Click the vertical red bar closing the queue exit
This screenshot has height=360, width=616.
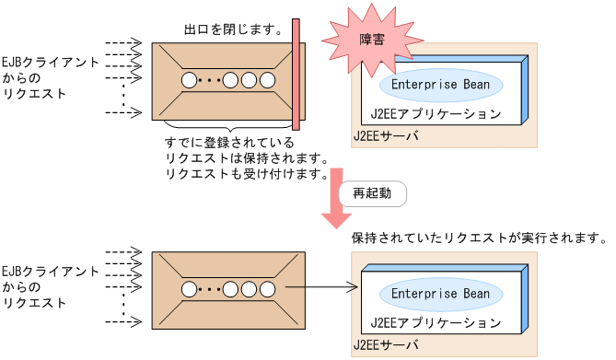pos(296,75)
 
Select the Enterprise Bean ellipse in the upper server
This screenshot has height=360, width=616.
pos(440,85)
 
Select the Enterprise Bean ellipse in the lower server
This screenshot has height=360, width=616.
pos(440,294)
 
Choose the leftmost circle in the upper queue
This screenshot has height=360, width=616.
pos(190,80)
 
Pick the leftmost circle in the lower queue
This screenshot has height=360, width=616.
pos(190,289)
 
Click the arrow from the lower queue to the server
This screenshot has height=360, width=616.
pos(318,289)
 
